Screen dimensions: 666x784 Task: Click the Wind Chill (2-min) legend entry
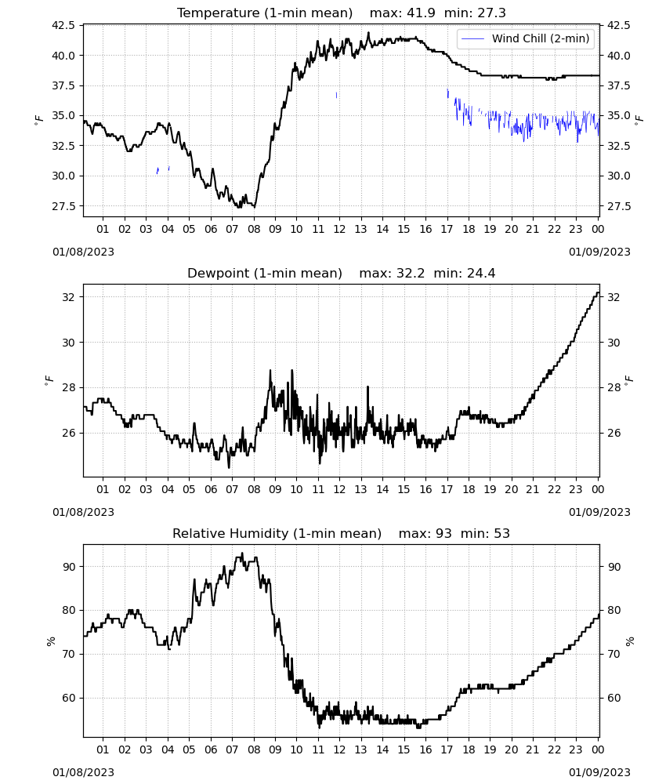coord(526,38)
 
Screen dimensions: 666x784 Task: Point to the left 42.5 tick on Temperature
coord(63,25)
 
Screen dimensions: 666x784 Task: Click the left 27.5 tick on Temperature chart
coord(63,206)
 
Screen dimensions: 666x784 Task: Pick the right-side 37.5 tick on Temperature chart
coord(618,85)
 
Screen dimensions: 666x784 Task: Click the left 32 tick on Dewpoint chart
coord(69,297)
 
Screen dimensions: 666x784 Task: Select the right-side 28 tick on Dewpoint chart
coord(614,387)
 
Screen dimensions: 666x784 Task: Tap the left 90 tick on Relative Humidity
coord(69,567)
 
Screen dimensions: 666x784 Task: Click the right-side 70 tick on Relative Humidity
coord(614,654)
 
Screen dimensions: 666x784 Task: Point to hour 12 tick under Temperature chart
coord(340,229)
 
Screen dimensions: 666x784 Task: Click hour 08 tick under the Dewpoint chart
coord(254,489)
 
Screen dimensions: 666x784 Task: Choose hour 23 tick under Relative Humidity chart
coord(576,750)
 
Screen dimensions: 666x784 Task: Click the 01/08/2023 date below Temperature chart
coord(83,252)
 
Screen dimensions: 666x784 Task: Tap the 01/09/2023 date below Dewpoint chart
coord(599,512)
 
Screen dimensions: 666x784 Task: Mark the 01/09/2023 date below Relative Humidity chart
coord(599,772)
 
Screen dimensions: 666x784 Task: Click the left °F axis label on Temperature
coord(39,120)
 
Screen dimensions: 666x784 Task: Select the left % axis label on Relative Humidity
coord(50,641)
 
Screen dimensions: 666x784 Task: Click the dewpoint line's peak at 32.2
coord(598,293)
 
